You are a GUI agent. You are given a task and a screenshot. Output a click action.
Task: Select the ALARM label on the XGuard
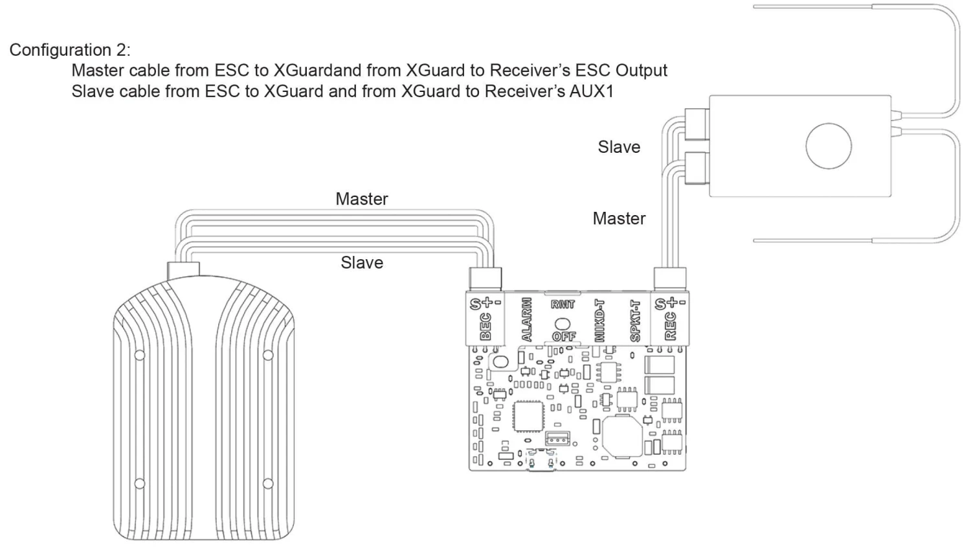point(526,319)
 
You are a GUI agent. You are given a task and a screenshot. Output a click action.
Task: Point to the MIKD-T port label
point(599,320)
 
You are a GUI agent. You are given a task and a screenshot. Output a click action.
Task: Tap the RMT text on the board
point(563,304)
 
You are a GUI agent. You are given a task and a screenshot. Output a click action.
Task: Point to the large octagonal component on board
point(622,436)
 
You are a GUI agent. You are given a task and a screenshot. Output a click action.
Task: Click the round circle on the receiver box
point(828,146)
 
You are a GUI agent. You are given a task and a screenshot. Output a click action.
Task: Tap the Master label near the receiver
point(619,218)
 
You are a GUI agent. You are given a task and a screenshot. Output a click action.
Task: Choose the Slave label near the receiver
point(619,147)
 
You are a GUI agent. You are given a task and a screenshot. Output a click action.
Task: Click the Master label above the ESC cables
point(361,199)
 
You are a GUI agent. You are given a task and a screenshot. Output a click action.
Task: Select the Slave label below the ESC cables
point(361,262)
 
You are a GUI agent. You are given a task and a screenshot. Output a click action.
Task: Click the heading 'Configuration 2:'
point(70,50)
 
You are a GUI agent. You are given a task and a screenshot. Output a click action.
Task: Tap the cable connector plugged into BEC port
point(485,279)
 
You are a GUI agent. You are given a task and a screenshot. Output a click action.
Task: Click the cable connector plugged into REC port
point(670,279)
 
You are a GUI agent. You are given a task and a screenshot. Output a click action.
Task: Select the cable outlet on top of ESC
point(183,271)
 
